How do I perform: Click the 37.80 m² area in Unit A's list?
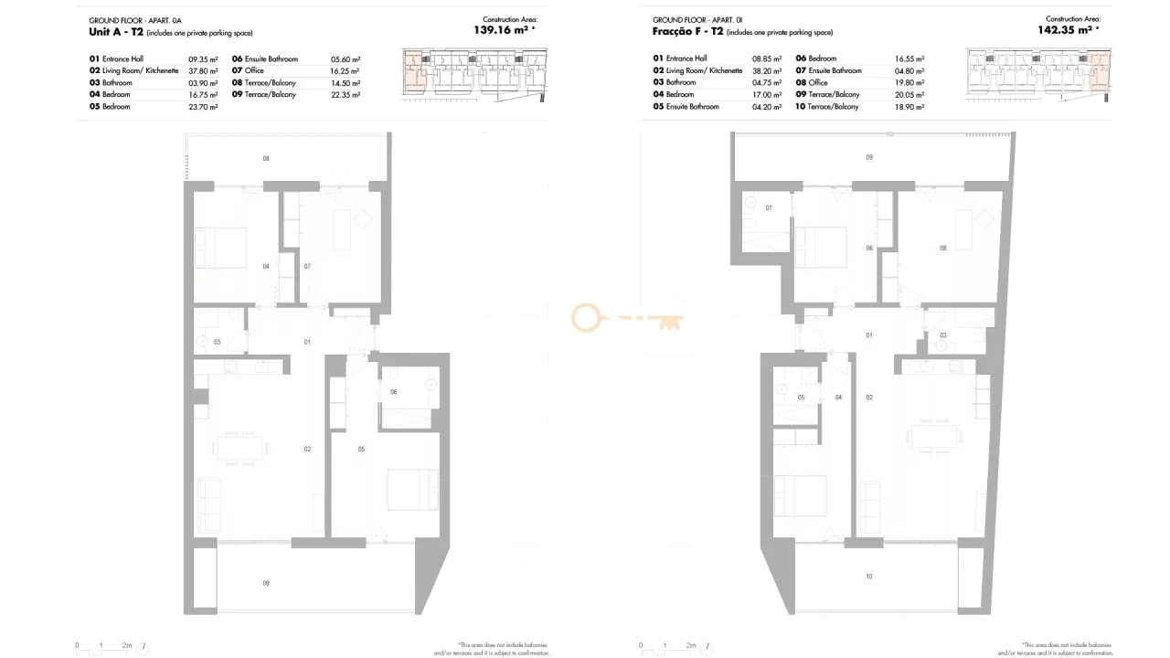[203, 70]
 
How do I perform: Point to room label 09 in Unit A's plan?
[266, 582]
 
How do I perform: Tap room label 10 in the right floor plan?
[868, 576]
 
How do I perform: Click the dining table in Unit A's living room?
[241, 446]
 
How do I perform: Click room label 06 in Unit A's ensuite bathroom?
[393, 391]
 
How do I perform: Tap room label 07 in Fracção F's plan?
[769, 208]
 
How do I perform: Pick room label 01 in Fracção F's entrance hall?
[869, 335]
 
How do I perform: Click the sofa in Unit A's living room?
[208, 504]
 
